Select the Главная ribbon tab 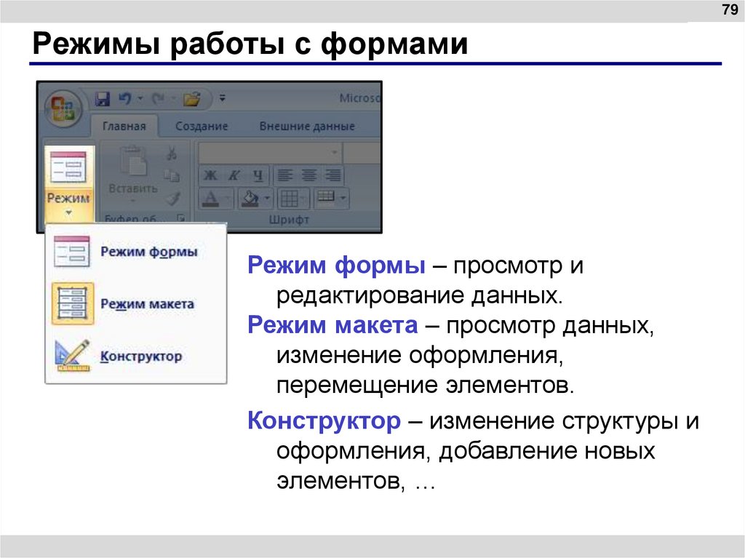pyautogui.click(x=124, y=126)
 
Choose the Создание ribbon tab pyautogui.click(x=202, y=126)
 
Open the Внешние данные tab pyautogui.click(x=307, y=126)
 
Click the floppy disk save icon pyautogui.click(x=103, y=98)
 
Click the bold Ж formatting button pyautogui.click(x=210, y=175)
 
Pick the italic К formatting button pyautogui.click(x=234, y=175)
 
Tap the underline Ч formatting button pyautogui.click(x=257, y=175)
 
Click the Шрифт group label pyautogui.click(x=289, y=219)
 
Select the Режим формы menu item pyautogui.click(x=148, y=252)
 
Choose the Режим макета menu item pyautogui.click(x=147, y=304)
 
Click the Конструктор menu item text pyautogui.click(x=141, y=356)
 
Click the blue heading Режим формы pyautogui.click(x=336, y=266)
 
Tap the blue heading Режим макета pyautogui.click(x=332, y=325)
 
